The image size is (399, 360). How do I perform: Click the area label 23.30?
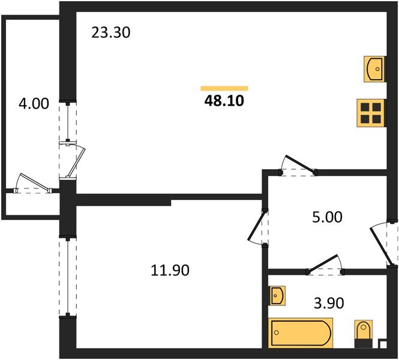[111, 32]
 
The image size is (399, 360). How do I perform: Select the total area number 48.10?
[225, 100]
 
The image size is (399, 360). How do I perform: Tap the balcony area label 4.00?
[33, 104]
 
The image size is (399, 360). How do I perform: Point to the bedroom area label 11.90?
[170, 271]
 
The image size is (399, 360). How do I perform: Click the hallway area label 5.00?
[328, 217]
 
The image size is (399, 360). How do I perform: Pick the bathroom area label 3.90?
[329, 304]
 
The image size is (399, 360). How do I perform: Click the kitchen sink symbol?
[375, 68]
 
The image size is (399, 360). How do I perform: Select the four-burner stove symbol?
[371, 112]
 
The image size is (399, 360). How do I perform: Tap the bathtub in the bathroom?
[301, 331]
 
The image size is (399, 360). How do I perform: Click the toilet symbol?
[364, 333]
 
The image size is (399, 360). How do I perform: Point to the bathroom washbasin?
[277, 295]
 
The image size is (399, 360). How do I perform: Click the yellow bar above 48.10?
[224, 88]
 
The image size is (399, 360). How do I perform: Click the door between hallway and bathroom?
[324, 266]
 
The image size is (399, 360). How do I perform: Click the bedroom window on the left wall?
[68, 276]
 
